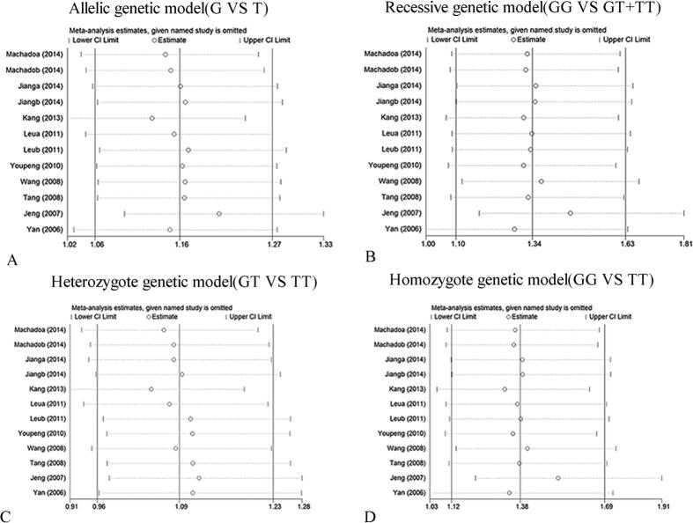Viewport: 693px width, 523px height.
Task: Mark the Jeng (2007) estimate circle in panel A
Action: point(218,214)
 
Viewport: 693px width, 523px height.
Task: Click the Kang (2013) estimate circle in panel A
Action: point(152,117)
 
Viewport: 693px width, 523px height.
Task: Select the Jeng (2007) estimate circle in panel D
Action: point(558,478)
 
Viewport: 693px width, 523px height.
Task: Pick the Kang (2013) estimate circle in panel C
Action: point(151,388)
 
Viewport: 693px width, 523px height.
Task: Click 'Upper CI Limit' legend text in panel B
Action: point(630,41)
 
